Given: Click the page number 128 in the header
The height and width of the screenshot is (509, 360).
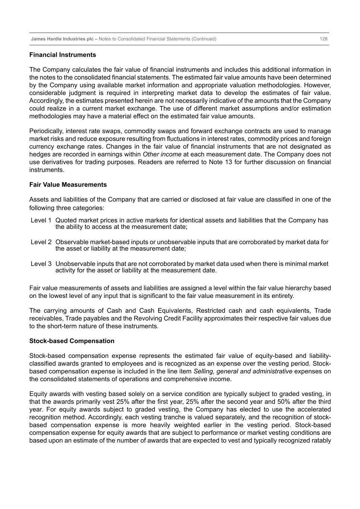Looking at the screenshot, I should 323,39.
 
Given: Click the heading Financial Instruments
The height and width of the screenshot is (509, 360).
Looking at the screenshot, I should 62,55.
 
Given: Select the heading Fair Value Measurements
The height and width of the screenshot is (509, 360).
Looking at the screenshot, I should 68,185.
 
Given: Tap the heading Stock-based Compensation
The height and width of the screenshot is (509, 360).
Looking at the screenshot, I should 72,341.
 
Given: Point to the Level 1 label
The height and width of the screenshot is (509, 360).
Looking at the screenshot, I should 41,220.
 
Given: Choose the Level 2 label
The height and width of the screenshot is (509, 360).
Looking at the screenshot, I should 41,242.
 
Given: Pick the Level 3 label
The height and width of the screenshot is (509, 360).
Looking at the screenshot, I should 41,264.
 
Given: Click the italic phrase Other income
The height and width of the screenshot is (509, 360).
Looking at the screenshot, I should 162,154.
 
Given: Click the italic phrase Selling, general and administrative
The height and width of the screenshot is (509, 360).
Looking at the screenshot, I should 243,371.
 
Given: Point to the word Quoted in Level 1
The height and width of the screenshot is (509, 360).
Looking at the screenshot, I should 66,220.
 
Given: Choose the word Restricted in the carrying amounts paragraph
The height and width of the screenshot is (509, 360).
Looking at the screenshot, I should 211,311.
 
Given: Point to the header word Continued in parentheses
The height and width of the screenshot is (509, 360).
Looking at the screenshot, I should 204,39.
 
